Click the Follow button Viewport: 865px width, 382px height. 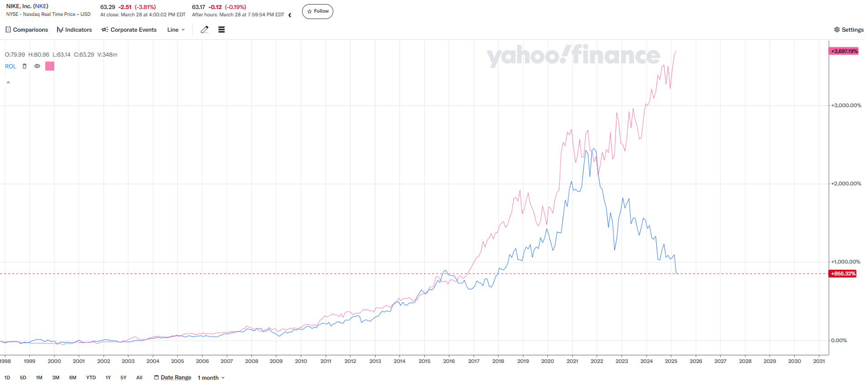coord(317,11)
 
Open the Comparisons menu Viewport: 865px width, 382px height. coord(27,30)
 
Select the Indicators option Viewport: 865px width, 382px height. coord(74,30)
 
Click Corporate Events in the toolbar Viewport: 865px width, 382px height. coord(129,30)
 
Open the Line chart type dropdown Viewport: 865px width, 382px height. coord(176,30)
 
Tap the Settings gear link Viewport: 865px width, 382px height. coord(849,30)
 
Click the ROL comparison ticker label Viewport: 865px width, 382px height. coord(10,67)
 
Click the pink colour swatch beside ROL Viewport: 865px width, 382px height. coord(50,67)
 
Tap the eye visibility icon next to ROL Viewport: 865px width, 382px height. coord(37,67)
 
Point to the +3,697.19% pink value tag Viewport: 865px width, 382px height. coord(844,51)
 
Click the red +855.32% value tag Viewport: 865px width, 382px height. coord(843,274)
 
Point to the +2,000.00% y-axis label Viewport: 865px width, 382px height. coord(846,184)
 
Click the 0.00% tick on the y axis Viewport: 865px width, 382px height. coord(839,340)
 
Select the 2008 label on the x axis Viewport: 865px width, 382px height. coord(251,361)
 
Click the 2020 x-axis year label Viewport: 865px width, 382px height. coord(548,361)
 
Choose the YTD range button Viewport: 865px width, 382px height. coord(91,377)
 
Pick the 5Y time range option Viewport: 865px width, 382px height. coord(123,377)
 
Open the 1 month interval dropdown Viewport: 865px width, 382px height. coord(211,378)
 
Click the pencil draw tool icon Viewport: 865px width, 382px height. coord(205,30)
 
